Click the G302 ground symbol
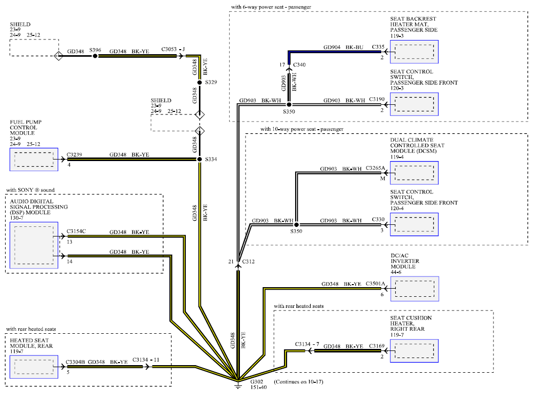coord(238,385)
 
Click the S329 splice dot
coord(199,82)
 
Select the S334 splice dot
coord(199,159)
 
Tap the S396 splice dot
coord(95,56)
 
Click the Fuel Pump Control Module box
coord(34,160)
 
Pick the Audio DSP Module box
coord(34,246)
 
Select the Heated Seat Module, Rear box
coord(34,367)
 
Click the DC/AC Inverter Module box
coord(415,289)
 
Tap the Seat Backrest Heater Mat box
coord(415,52)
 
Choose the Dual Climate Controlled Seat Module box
coord(415,173)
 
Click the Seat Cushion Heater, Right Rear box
coord(415,351)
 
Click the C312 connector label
coord(249,261)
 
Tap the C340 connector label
coord(300,65)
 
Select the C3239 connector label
coord(74,154)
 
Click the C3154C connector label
coord(76,231)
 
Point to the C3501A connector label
coord(375,284)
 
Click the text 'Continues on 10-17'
coord(299,382)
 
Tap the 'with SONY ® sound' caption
coord(30,190)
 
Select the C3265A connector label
coord(375,168)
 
